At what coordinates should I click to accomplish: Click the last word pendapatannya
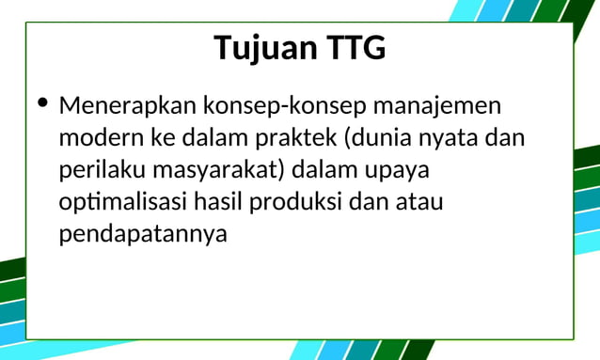(143, 234)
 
